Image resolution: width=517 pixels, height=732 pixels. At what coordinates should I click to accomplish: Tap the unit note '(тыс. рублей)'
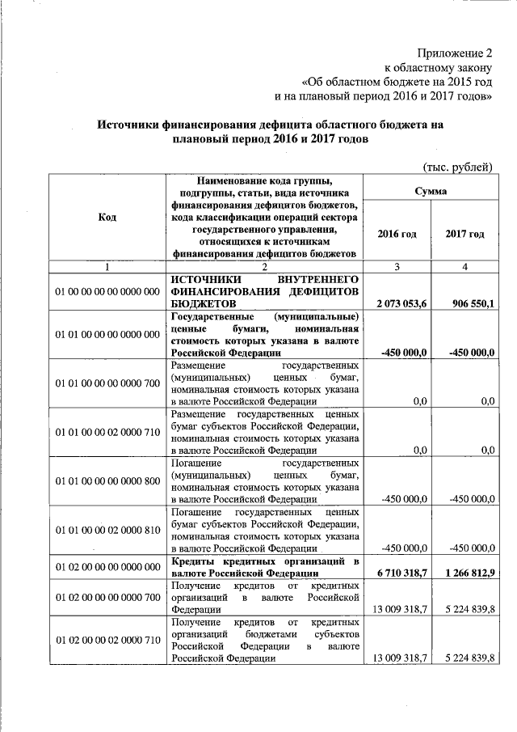[x=457, y=167]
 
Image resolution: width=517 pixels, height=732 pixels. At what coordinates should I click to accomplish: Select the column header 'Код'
[x=106, y=218]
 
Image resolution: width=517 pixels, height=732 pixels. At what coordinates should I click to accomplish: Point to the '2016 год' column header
[x=397, y=234]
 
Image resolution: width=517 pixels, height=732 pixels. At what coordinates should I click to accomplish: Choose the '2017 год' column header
[x=464, y=234]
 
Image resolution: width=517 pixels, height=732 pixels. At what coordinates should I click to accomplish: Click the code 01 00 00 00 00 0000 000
[x=107, y=291]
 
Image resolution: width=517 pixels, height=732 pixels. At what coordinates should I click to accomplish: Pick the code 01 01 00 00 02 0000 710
[x=107, y=432]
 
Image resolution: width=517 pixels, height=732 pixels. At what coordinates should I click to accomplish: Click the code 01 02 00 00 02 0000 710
[x=107, y=640]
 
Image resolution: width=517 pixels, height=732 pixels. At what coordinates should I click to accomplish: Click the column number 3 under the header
[x=396, y=266]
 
